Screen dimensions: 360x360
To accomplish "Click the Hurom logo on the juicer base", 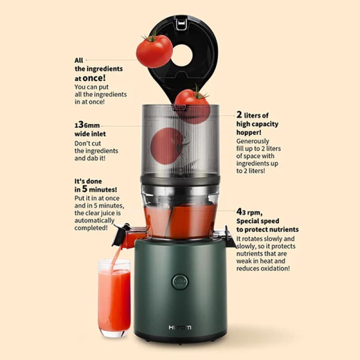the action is pos(180,328).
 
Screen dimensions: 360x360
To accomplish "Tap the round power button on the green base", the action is pos(180,282).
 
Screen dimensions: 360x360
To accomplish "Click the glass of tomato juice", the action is pos(114,298).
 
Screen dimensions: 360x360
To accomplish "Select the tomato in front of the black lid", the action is pos(154,51).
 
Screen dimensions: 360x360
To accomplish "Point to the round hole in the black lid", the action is pos(182,55).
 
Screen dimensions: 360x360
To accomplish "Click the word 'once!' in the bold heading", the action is pos(94,78).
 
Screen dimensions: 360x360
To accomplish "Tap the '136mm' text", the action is pos(87,125).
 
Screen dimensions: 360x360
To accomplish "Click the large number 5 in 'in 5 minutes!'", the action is pos(85,189).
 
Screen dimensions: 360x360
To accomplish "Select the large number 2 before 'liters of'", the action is pos(239,114).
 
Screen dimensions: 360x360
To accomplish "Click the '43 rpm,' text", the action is pos(249,212).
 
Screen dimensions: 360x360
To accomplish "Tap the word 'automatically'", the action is pos(94,220).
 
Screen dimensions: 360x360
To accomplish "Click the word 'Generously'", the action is pos(252,141).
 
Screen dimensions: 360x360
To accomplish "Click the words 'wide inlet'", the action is pos(90,134).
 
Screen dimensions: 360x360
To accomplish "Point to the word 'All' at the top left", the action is pos(79,60).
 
